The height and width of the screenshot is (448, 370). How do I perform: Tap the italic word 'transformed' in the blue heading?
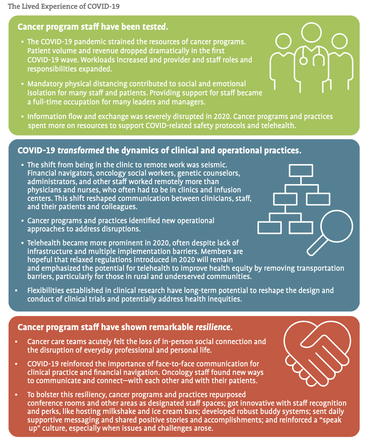pos(81,151)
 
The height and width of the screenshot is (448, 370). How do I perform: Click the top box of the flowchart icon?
pos(301,170)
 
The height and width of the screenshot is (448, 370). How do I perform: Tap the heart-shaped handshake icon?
pos(317,354)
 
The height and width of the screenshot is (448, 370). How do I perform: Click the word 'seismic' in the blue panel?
pos(214,165)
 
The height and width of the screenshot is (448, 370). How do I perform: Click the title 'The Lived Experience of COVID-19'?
pos(64,6)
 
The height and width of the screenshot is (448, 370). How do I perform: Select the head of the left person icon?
pos(283,41)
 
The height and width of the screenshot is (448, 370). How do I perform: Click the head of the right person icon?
pos(340,41)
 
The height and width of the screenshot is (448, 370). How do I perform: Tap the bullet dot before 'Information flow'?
pos(23,117)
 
